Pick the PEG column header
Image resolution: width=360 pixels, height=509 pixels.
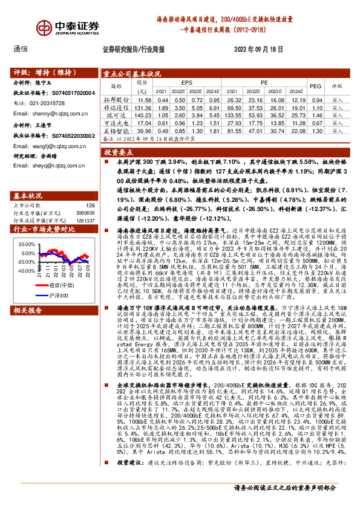(x=315, y=86)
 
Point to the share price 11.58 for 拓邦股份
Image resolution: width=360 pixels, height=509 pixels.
(x=145, y=99)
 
